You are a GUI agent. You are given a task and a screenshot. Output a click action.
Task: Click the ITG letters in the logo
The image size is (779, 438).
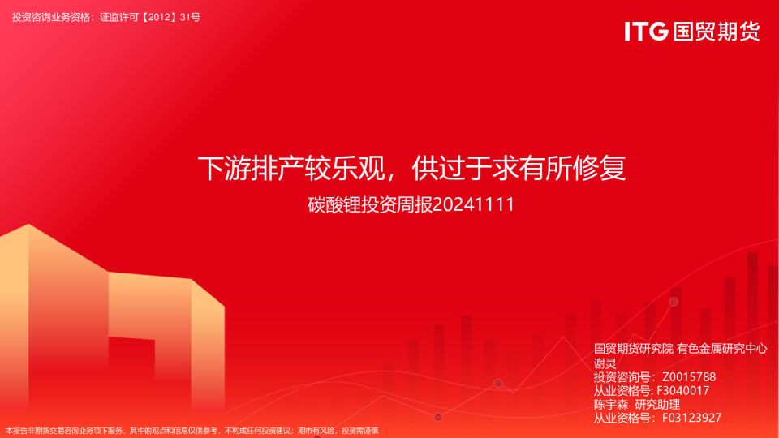click(646, 32)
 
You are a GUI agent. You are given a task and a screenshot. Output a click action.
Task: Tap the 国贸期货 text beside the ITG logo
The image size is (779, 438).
click(716, 32)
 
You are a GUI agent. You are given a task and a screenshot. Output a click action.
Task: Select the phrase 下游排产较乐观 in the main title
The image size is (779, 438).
click(295, 170)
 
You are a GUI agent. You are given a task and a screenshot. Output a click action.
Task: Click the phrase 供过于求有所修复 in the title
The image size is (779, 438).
click(519, 170)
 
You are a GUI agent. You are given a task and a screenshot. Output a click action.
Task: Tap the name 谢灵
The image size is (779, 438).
click(605, 363)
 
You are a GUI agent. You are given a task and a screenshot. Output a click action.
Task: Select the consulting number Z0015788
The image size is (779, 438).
click(689, 377)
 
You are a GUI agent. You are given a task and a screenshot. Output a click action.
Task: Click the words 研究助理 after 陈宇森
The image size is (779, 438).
click(657, 404)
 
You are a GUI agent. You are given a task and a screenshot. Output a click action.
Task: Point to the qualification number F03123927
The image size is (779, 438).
click(691, 418)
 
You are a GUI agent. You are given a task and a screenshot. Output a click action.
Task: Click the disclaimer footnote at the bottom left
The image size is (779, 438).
click(192, 431)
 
